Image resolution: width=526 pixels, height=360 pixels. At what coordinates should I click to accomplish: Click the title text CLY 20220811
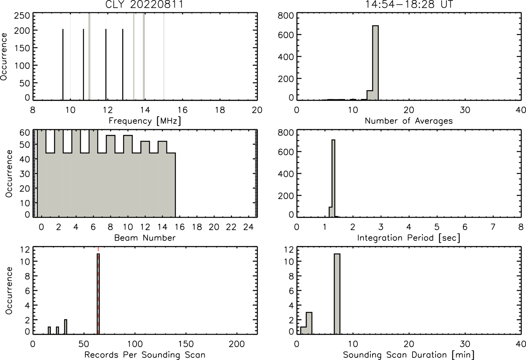[x=144, y=4]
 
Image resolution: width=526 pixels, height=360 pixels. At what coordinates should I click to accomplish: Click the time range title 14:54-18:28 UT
[x=409, y=4]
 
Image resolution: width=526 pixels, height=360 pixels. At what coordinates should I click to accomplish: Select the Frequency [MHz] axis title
[x=145, y=121]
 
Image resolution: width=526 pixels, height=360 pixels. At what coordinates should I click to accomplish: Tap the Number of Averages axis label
[x=409, y=121]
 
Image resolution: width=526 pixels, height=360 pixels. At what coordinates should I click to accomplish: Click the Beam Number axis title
[x=145, y=238]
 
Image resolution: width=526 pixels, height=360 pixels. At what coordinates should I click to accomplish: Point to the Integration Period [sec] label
[x=409, y=238]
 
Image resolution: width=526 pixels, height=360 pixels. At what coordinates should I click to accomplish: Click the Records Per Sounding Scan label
[x=145, y=355]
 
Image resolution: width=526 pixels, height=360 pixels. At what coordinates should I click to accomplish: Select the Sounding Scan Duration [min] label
[x=409, y=355]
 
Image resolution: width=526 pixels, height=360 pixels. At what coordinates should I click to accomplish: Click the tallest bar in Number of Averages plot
[x=375, y=63]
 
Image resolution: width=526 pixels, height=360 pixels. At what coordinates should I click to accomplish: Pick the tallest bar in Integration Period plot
[x=333, y=178]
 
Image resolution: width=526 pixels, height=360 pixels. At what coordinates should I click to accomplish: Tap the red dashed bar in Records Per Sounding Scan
[x=98, y=294]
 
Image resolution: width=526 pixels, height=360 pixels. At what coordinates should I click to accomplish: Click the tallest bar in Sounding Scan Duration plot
[x=337, y=294]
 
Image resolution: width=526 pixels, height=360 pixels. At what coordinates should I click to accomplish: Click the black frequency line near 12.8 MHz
[x=122, y=64]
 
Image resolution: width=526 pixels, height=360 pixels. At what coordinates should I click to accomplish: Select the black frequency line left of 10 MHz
[x=63, y=64]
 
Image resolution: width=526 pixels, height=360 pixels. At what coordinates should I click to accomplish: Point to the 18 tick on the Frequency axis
[x=220, y=110]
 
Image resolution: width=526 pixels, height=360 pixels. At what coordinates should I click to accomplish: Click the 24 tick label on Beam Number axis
[x=249, y=227]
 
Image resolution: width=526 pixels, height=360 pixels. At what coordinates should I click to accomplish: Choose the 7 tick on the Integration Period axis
[x=493, y=227]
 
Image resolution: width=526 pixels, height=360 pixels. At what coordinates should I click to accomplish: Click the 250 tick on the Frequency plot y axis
[x=22, y=16]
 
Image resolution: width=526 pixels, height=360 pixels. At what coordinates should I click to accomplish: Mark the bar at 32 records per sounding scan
[x=66, y=327]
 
